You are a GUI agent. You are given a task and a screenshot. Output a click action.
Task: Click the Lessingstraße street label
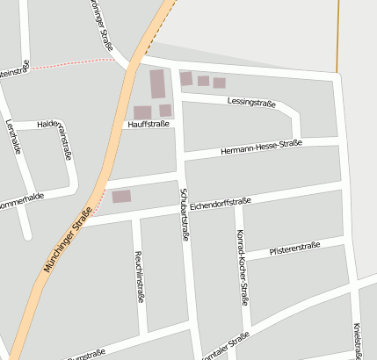[251, 103]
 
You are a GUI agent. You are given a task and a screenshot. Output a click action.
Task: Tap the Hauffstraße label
[148, 125]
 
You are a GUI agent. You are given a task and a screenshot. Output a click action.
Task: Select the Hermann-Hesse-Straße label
[262, 147]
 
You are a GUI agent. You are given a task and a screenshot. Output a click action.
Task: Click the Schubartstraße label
[185, 213]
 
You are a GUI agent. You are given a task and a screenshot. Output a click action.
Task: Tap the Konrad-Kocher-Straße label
[242, 267]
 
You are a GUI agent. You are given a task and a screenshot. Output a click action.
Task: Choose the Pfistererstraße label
[295, 248]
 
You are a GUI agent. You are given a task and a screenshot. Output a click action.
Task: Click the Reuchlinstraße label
[140, 277]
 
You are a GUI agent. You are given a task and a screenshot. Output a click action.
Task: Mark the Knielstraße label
[357, 340]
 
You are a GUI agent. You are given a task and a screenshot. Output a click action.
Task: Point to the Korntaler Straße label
[226, 348]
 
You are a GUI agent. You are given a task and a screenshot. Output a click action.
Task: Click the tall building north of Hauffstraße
[157, 85]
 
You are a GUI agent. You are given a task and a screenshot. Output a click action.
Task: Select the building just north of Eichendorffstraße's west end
[121, 197]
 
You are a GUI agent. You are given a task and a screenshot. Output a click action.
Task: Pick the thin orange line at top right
[337, 35]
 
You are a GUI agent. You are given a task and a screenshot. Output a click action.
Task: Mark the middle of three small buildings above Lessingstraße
[203, 81]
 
